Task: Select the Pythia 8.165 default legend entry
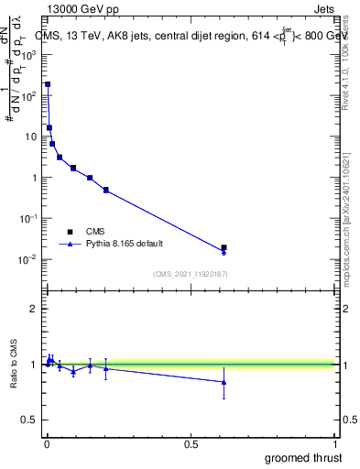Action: pos(121,244)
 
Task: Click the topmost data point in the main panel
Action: pos(48,84)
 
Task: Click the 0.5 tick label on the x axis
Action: pos(191,444)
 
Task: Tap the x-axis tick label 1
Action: pos(335,444)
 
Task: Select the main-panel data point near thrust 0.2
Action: pos(106,190)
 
